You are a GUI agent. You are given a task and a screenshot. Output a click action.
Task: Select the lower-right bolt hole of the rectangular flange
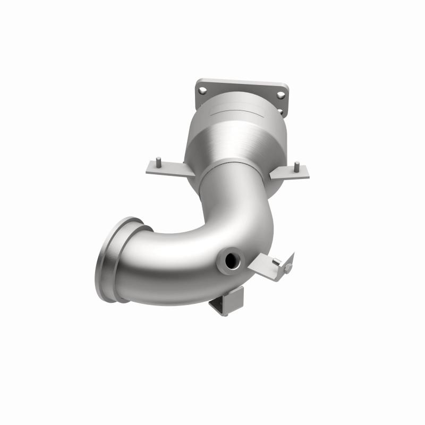tap(280, 111)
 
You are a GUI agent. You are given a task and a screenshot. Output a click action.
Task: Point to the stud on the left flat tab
tap(159, 160)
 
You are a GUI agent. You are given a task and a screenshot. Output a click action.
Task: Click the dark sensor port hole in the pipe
tap(232, 260)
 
